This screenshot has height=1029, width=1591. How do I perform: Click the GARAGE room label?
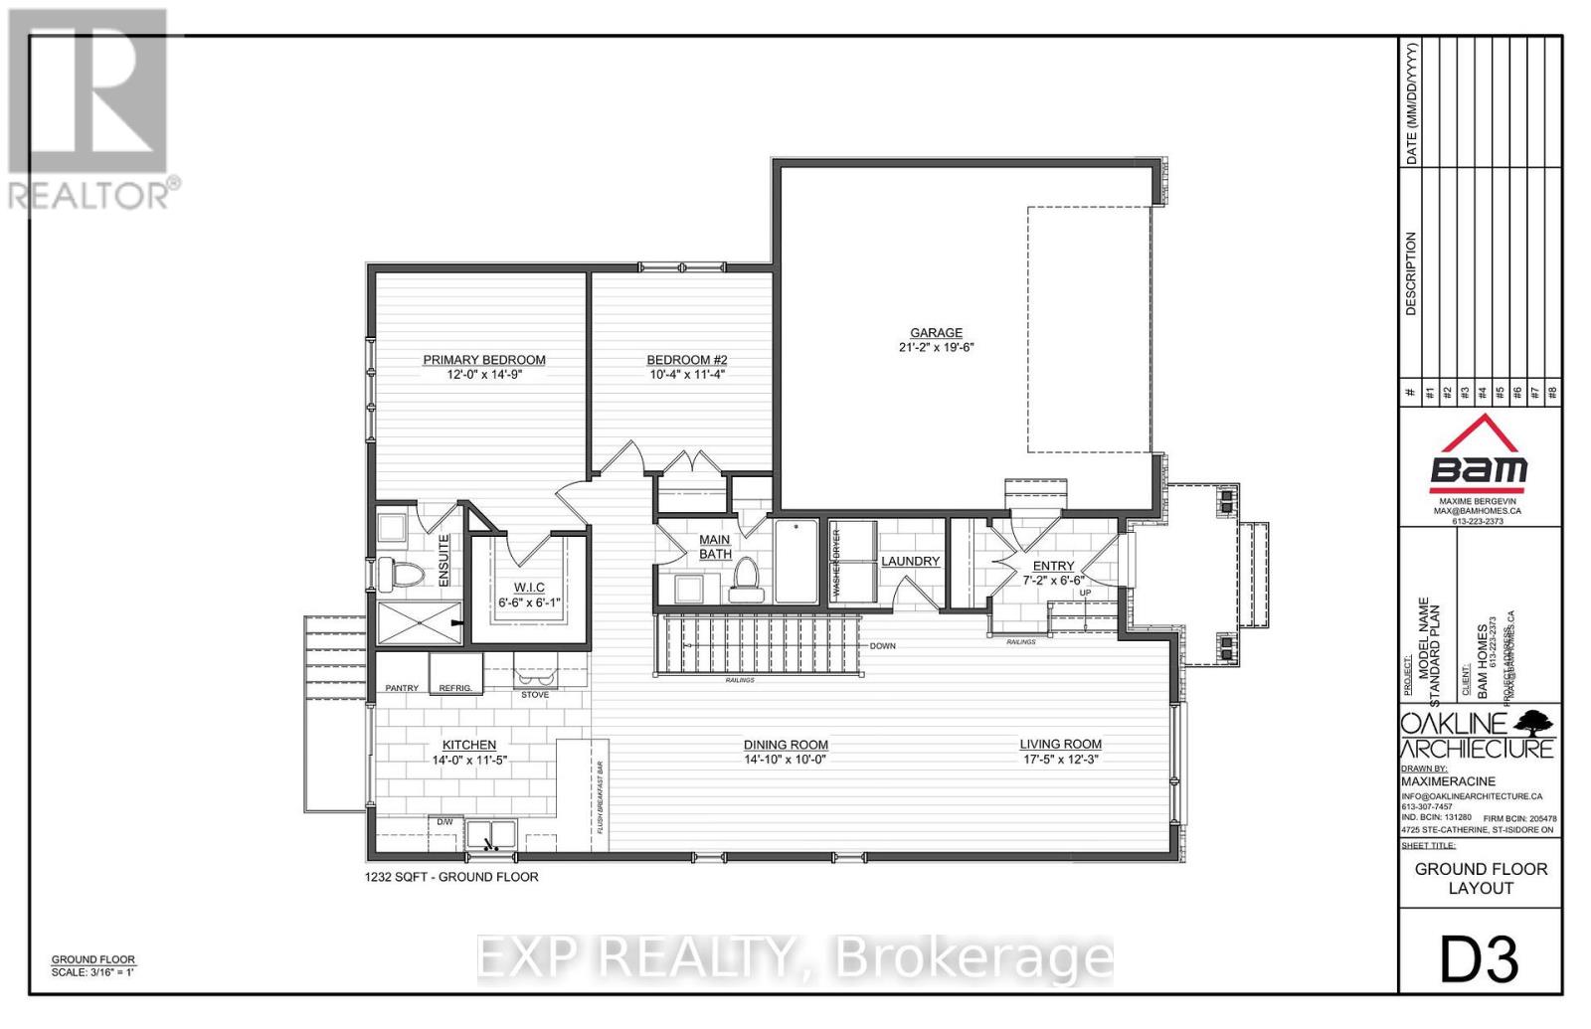coord(936,333)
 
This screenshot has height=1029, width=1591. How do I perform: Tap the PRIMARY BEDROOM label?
coord(484,360)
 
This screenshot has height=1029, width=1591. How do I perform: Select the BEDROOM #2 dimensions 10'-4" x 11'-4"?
coord(686,375)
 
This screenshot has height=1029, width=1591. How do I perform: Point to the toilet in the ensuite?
coord(406,574)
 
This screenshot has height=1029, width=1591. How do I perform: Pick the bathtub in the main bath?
coord(795,561)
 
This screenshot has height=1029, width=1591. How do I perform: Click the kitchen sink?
coord(490,834)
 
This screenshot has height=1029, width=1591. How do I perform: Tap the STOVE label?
coord(535,694)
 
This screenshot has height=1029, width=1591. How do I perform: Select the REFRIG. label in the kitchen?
coord(455,688)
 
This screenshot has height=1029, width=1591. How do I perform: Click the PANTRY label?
coord(402,688)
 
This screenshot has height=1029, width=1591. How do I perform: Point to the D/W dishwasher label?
coord(443,821)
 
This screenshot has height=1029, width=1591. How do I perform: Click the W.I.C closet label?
coord(529,587)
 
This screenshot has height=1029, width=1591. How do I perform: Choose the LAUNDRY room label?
coord(910,561)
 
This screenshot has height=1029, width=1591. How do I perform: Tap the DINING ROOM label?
coord(786,745)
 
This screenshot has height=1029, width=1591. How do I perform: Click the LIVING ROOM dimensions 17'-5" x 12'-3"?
coord(1060,760)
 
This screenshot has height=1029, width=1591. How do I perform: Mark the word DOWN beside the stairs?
coord(882,646)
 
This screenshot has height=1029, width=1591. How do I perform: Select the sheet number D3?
coord(1480,959)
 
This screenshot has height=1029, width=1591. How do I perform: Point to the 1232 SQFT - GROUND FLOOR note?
coord(452,877)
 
